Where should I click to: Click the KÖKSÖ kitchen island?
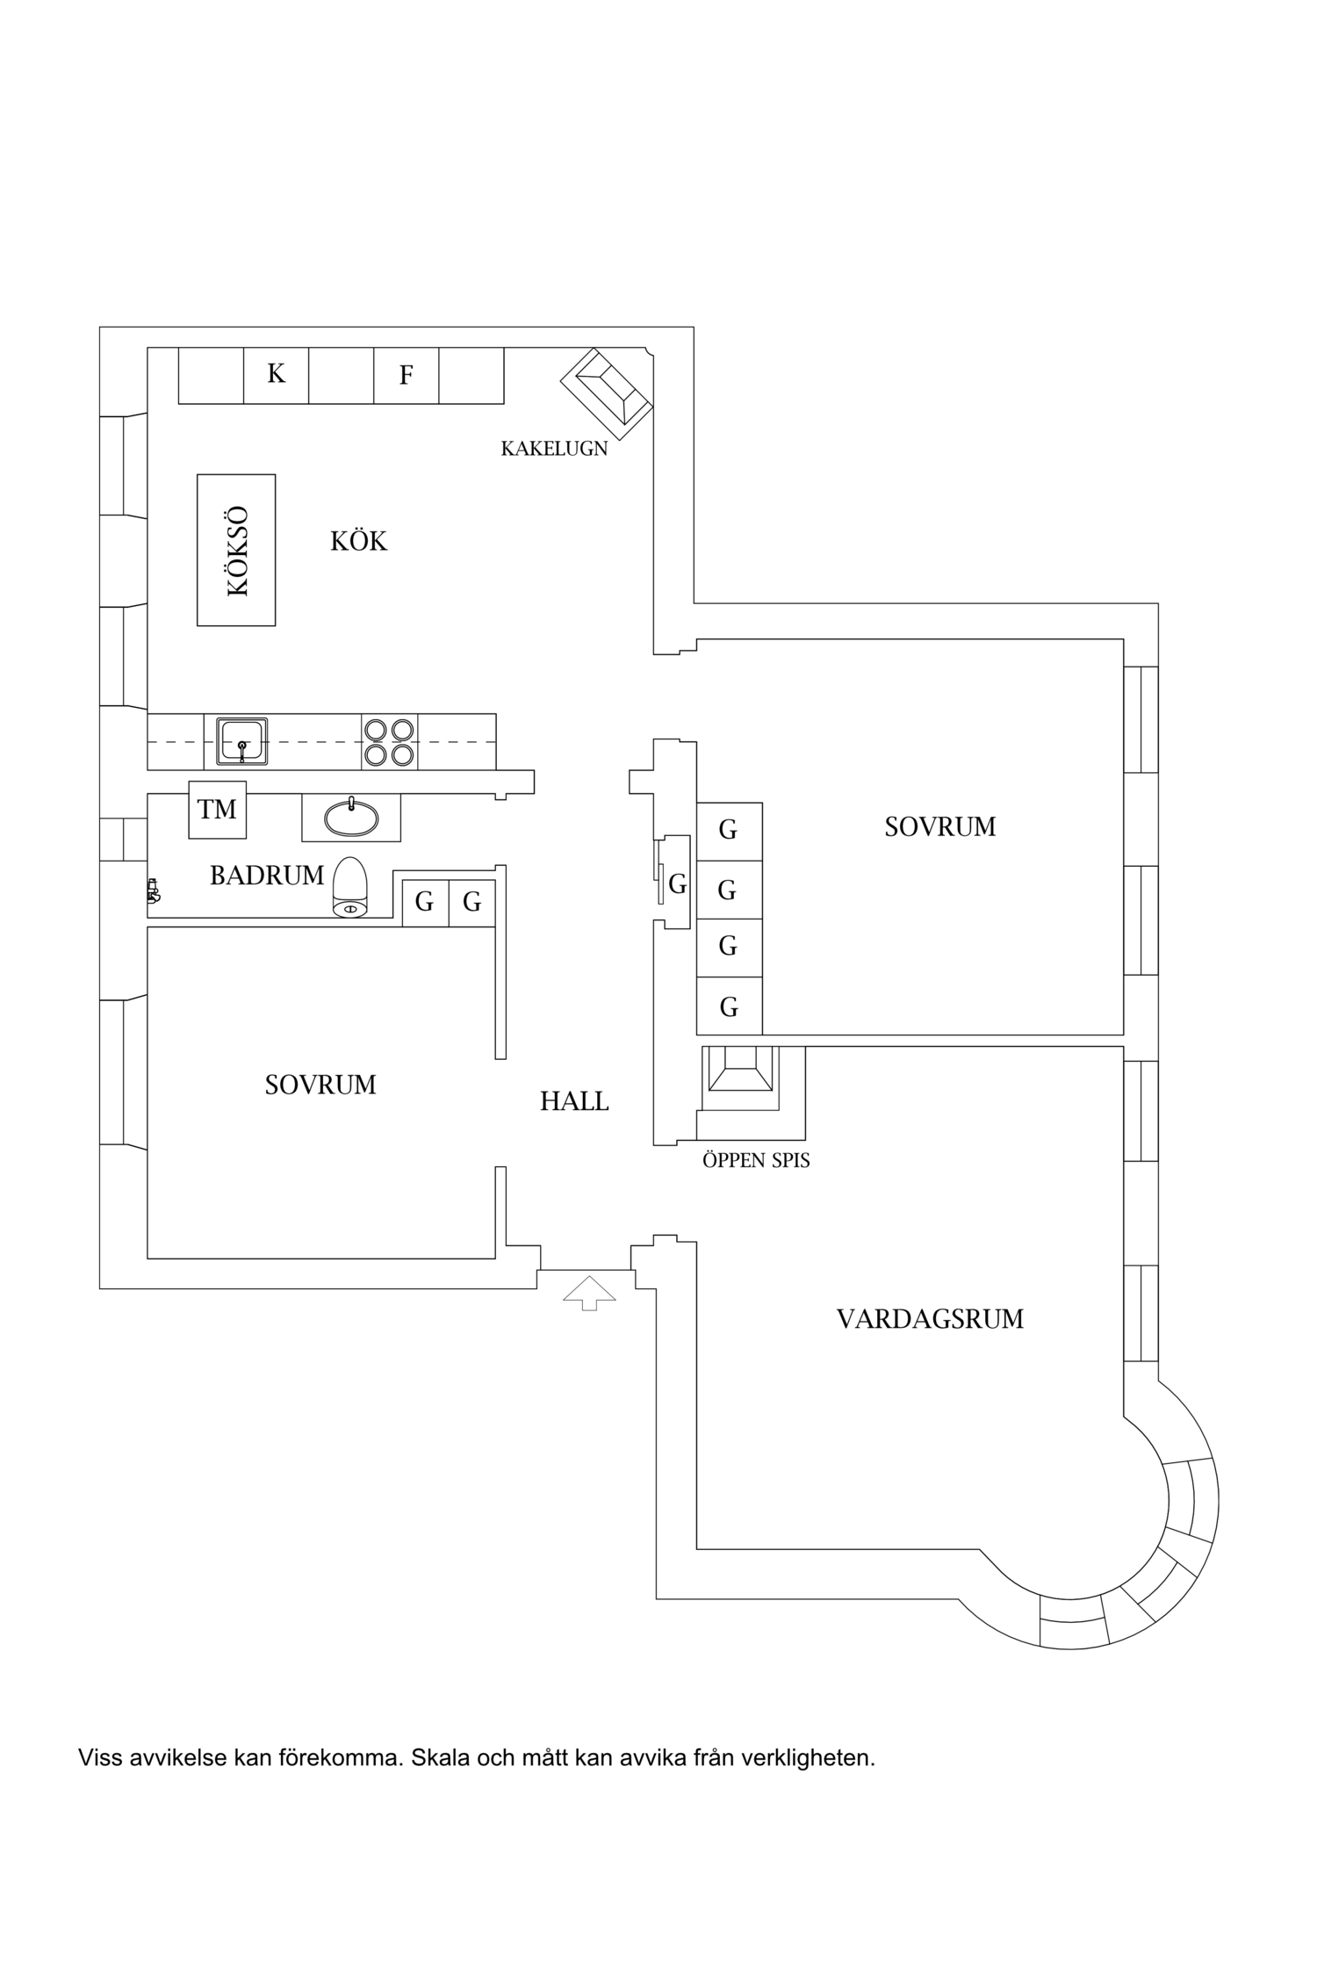click(x=235, y=550)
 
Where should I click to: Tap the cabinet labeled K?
click(x=276, y=375)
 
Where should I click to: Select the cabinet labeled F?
click(x=406, y=376)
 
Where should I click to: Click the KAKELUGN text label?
click(x=553, y=449)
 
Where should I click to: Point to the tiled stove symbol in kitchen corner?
click(x=607, y=394)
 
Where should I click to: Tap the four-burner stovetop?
click(x=389, y=742)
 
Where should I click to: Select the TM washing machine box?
click(x=217, y=809)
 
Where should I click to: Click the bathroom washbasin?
click(x=351, y=819)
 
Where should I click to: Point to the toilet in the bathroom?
click(x=349, y=888)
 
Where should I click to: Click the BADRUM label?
click(x=267, y=876)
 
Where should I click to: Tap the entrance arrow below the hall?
click(x=589, y=1292)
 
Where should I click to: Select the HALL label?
click(x=574, y=1101)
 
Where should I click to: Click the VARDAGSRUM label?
click(x=930, y=1319)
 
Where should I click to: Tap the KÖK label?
click(x=358, y=541)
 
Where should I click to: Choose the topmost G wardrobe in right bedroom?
click(x=728, y=830)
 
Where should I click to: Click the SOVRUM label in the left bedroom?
click(x=320, y=1085)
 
